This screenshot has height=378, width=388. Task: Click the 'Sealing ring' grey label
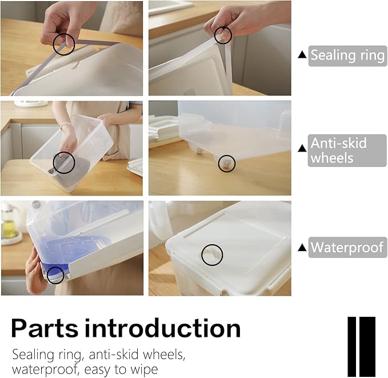pyautogui.click(x=347, y=55)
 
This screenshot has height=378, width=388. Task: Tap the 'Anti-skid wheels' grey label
pyautogui.click(x=347, y=150)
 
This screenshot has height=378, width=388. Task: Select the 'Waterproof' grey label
pyautogui.click(x=347, y=247)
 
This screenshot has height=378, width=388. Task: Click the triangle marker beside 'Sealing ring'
pyautogui.click(x=302, y=55)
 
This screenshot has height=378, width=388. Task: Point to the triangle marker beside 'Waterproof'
pyautogui.click(x=302, y=248)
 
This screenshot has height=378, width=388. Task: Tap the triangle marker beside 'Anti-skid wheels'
pyautogui.click(x=302, y=148)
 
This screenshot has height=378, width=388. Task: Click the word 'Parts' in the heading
pyautogui.click(x=45, y=328)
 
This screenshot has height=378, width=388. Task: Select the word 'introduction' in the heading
pyautogui.click(x=162, y=328)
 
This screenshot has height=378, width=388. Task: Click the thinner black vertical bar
pyautogui.click(x=351, y=347)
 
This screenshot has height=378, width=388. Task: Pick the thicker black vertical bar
pyautogui.click(x=367, y=347)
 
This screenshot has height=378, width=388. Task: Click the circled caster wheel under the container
pyautogui.click(x=226, y=164)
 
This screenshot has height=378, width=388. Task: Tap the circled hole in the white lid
pyautogui.click(x=212, y=255)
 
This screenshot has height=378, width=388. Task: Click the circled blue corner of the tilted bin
pyautogui.click(x=55, y=275)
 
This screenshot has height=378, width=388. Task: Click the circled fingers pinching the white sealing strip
pyautogui.click(x=223, y=35)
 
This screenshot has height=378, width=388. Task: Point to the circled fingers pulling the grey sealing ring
pyautogui.click(x=64, y=44)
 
